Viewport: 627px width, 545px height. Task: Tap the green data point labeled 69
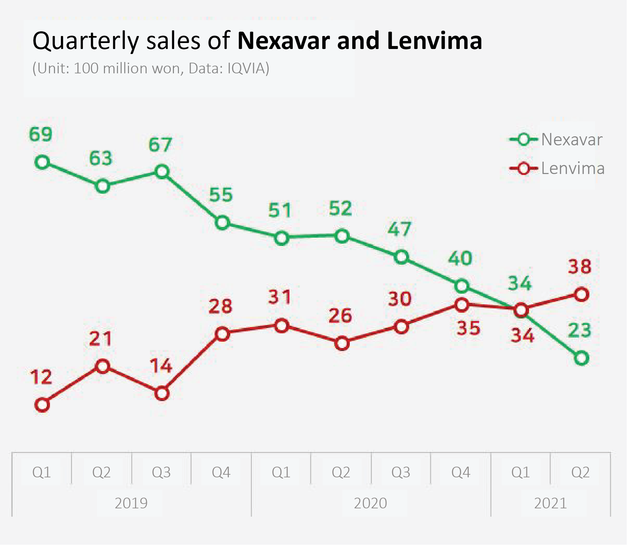pyautogui.click(x=42, y=162)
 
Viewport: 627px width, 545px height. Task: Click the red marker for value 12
pyautogui.click(x=42, y=405)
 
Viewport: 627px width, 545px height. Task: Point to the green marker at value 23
pyautogui.click(x=581, y=358)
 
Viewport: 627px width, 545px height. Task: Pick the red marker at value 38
pyautogui.click(x=581, y=294)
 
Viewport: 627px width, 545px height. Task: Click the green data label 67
pyautogui.click(x=160, y=145)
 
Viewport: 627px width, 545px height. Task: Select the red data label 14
pyautogui.click(x=161, y=366)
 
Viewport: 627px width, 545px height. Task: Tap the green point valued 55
pyautogui.click(x=222, y=223)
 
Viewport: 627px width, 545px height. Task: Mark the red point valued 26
pyautogui.click(x=342, y=343)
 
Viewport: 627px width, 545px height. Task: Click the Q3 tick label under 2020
pyautogui.click(x=401, y=472)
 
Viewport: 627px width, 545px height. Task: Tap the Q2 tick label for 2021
pyautogui.click(x=580, y=472)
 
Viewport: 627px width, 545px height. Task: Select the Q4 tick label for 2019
pyautogui.click(x=221, y=472)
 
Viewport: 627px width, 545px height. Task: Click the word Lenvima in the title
pyautogui.click(x=435, y=41)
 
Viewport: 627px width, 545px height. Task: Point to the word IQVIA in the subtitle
pyautogui.click(x=246, y=68)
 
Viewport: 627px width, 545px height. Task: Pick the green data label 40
pyautogui.click(x=460, y=258)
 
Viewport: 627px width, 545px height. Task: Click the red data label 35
pyautogui.click(x=468, y=328)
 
